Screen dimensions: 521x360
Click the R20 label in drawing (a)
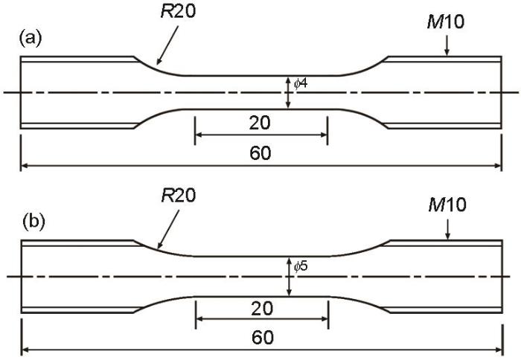tap(179, 11)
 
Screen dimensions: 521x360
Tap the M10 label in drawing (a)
tap(446, 22)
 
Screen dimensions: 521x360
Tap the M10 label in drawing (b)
tap(447, 205)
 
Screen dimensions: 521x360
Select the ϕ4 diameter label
tap(301, 83)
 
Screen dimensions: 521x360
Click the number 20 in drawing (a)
tap(260, 123)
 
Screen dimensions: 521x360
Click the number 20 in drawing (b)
tap(262, 308)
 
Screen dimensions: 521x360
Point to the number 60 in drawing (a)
tap(260, 153)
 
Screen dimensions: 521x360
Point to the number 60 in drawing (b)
tap(263, 338)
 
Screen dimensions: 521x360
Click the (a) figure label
tap(31, 38)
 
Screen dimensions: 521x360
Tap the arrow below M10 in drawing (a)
tap(447, 45)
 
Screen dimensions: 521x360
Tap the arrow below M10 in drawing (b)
tap(448, 229)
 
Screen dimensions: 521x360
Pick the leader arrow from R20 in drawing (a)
tap(167, 45)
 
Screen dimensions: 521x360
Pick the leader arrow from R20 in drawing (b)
tap(168, 229)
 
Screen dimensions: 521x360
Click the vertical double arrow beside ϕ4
tap(288, 92)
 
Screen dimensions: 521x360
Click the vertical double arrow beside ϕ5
tap(290, 276)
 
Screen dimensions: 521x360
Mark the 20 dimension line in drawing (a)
tap(261, 135)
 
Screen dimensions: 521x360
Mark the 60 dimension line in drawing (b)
tap(262, 350)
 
